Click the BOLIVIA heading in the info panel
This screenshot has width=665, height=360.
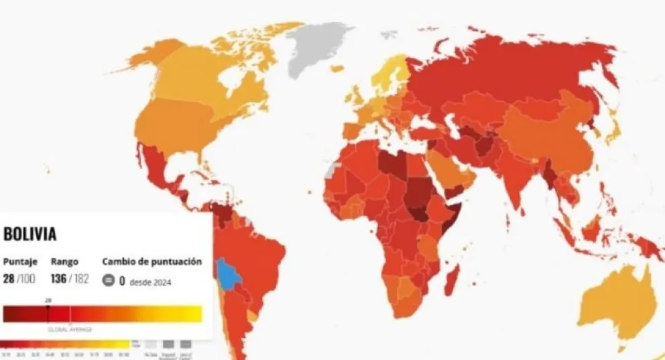(29, 234)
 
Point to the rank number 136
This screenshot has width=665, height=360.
(58, 278)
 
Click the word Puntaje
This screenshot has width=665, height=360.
(20, 261)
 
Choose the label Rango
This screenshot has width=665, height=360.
(64, 261)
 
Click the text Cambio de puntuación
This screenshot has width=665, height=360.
(152, 261)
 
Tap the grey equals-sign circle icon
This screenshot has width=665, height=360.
(108, 281)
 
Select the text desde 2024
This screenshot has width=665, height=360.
(151, 282)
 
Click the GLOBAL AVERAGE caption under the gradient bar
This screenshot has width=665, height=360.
(69, 329)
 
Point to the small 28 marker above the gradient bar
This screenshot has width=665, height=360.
(48, 300)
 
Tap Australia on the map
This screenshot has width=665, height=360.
(613, 302)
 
